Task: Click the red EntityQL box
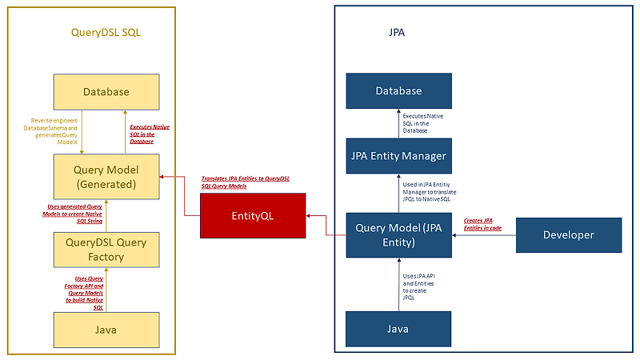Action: [253, 215]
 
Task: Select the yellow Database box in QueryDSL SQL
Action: [106, 92]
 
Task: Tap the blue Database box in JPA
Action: [398, 91]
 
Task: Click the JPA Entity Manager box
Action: [398, 155]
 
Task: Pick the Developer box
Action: [569, 235]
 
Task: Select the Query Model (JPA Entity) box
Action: [398, 235]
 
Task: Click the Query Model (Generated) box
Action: [106, 178]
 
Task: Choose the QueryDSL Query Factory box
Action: [106, 250]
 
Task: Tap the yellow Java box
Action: [106, 329]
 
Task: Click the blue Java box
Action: [398, 329]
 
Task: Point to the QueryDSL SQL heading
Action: [111, 32]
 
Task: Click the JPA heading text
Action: [396, 33]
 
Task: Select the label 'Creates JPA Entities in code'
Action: [483, 224]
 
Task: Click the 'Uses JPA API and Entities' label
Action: [421, 286]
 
